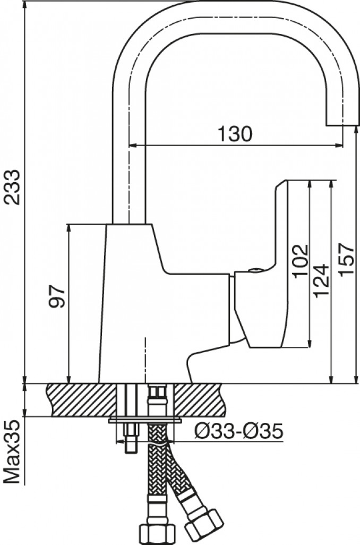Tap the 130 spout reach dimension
[x=235, y=133]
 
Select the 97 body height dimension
[x=56, y=296]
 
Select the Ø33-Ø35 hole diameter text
[x=239, y=431]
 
